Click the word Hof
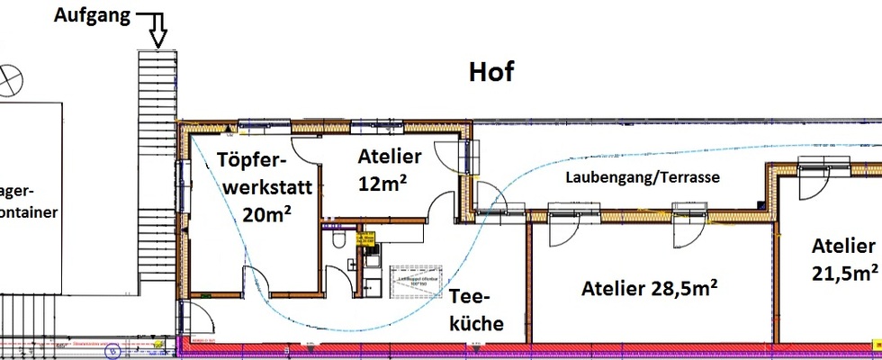click(491, 72)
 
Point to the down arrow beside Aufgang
click(158, 29)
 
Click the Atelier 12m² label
click(389, 168)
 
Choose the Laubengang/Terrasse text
click(642, 177)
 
